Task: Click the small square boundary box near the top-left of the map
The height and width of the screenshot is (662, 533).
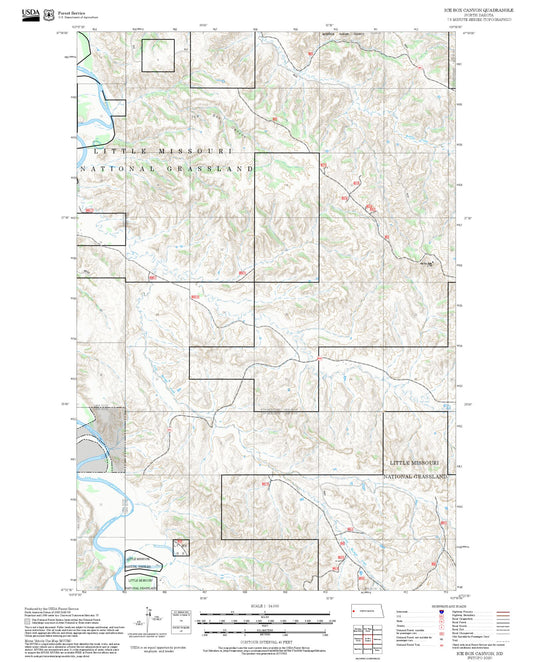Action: tap(157, 55)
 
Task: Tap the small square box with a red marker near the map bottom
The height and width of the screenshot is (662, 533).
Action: tap(181, 547)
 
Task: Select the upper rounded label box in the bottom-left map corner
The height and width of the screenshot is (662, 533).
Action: tap(141, 561)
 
